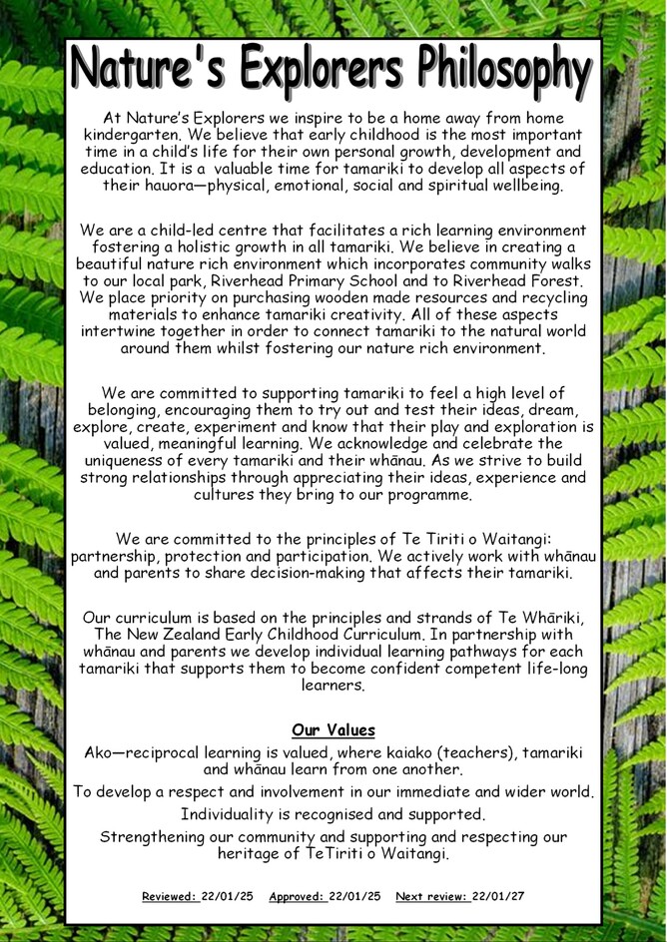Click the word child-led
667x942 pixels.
pos(195,231)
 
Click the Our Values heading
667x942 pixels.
pos(333,730)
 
